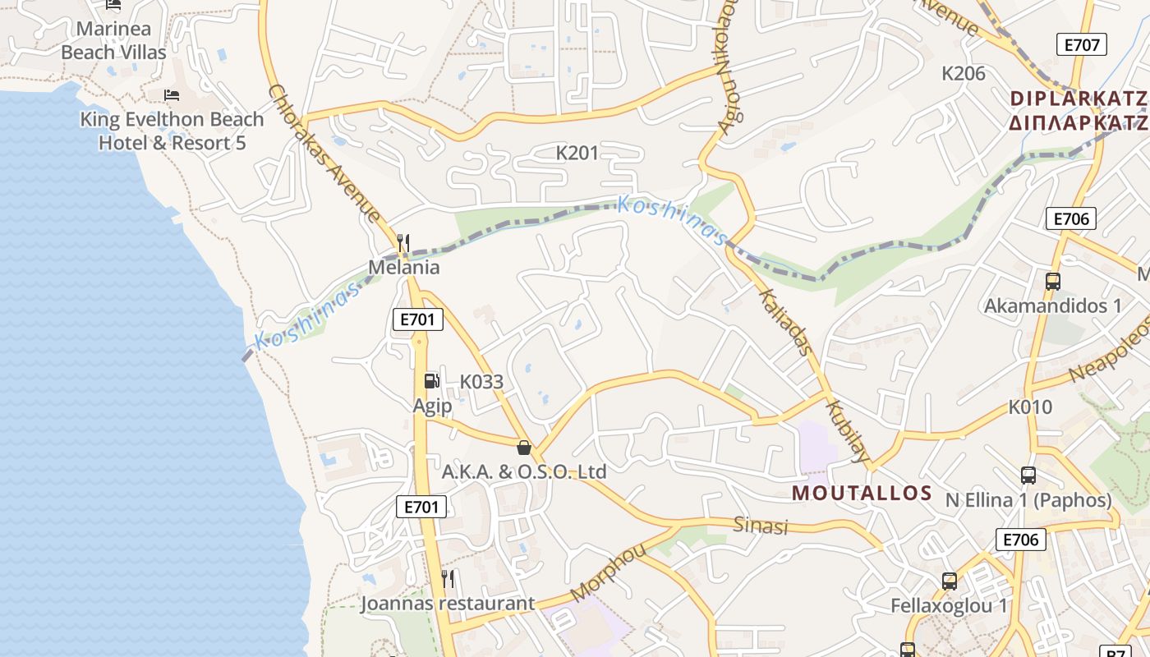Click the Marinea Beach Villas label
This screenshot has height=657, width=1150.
pos(113,40)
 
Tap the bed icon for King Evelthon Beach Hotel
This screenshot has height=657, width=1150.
pos(172,95)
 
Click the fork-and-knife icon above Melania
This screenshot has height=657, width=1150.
pos(403,242)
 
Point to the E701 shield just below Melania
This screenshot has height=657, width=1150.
pos(418,319)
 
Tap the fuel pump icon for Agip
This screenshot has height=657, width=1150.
pos(431,380)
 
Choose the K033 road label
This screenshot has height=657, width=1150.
pos(481,382)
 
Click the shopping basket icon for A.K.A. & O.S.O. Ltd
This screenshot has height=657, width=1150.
pos(524,448)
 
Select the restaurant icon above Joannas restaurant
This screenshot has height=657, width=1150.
pos(448,578)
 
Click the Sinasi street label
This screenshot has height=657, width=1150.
pos(761,526)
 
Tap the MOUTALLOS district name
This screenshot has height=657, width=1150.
pos(862,494)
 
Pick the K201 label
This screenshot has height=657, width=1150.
pos(577,153)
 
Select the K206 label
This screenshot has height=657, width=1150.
pos(963,73)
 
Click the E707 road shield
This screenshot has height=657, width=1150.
pos(1081,44)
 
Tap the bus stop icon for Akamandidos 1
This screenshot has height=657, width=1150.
pos(1053,282)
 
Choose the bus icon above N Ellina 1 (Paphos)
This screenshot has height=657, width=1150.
pos(1028,475)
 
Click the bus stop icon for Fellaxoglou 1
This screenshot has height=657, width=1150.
pos(950,581)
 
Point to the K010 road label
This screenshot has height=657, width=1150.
pos(1030,407)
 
